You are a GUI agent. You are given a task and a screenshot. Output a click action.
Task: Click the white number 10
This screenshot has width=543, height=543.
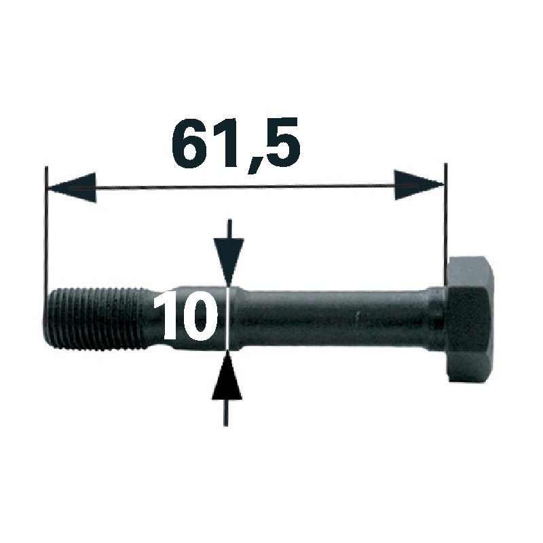[186, 316]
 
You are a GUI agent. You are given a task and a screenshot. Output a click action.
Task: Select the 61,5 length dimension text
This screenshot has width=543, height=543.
[236, 142]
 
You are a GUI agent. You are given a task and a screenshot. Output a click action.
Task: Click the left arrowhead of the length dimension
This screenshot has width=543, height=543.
[72, 188]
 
